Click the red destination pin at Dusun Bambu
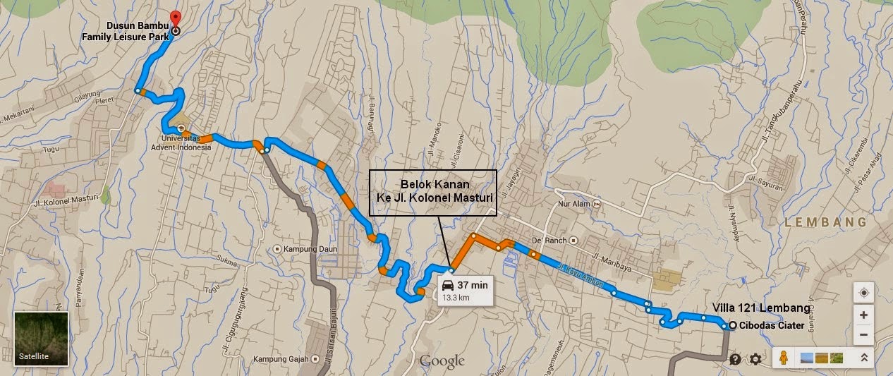coord(176,18)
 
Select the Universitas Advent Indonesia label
coord(186,143)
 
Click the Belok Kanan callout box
coord(433,192)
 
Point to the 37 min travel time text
coord(472,285)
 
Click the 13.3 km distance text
coord(456,298)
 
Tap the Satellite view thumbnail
coord(41,338)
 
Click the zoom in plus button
coord(863,314)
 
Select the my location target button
coord(863,292)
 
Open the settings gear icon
coord(755,359)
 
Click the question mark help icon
coord(735,359)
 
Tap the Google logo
coord(442,361)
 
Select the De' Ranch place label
coord(549,240)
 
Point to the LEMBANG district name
coord(825,222)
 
